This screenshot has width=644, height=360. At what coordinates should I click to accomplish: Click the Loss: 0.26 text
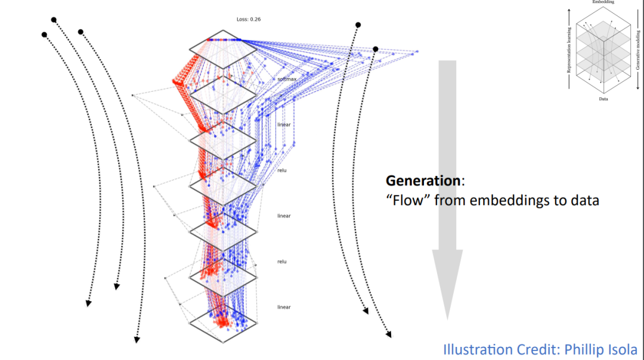tap(249, 19)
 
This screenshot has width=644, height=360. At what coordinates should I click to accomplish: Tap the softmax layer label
tap(287, 79)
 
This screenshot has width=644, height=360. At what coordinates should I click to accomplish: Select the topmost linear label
tap(284, 125)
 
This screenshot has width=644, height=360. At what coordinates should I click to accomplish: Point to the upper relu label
tap(282, 170)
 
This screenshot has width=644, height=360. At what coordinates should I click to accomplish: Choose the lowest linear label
tap(284, 307)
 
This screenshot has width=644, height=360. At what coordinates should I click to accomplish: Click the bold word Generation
tap(423, 180)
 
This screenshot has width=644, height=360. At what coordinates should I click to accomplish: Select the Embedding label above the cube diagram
tap(603, 2)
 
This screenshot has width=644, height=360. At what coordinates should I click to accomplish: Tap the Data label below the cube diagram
tap(603, 99)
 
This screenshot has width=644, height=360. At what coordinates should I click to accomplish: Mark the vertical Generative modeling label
tap(637, 51)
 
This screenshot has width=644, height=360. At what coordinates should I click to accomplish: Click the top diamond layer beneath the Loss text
tap(223, 49)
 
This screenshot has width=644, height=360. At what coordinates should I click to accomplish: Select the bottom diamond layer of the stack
tap(223, 322)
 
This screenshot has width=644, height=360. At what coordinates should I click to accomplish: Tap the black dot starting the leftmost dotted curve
tap(44, 35)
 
